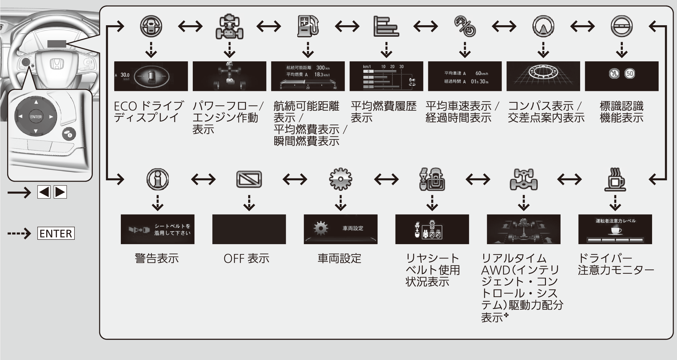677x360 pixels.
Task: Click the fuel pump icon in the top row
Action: point(308,26)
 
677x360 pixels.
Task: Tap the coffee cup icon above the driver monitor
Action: point(615,179)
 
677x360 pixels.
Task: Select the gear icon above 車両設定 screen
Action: point(340,179)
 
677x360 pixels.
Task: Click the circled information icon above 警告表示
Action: point(158,179)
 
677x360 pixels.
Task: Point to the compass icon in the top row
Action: point(543,26)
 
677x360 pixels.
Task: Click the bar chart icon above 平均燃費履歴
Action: point(386,26)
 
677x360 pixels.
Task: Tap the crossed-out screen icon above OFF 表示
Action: point(249,179)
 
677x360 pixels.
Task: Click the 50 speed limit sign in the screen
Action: point(630,74)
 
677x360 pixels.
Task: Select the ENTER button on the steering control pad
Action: point(36,117)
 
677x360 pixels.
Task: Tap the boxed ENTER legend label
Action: point(56,233)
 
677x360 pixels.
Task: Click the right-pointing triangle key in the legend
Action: point(60,192)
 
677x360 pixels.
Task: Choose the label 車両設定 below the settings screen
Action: point(339,258)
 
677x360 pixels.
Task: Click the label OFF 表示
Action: point(246,258)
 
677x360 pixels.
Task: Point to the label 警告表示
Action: point(157,258)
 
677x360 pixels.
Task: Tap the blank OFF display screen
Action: point(249,229)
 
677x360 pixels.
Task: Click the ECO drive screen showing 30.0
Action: point(151,76)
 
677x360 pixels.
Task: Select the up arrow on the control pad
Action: point(36,102)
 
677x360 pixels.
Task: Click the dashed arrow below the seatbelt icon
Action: point(432,203)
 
